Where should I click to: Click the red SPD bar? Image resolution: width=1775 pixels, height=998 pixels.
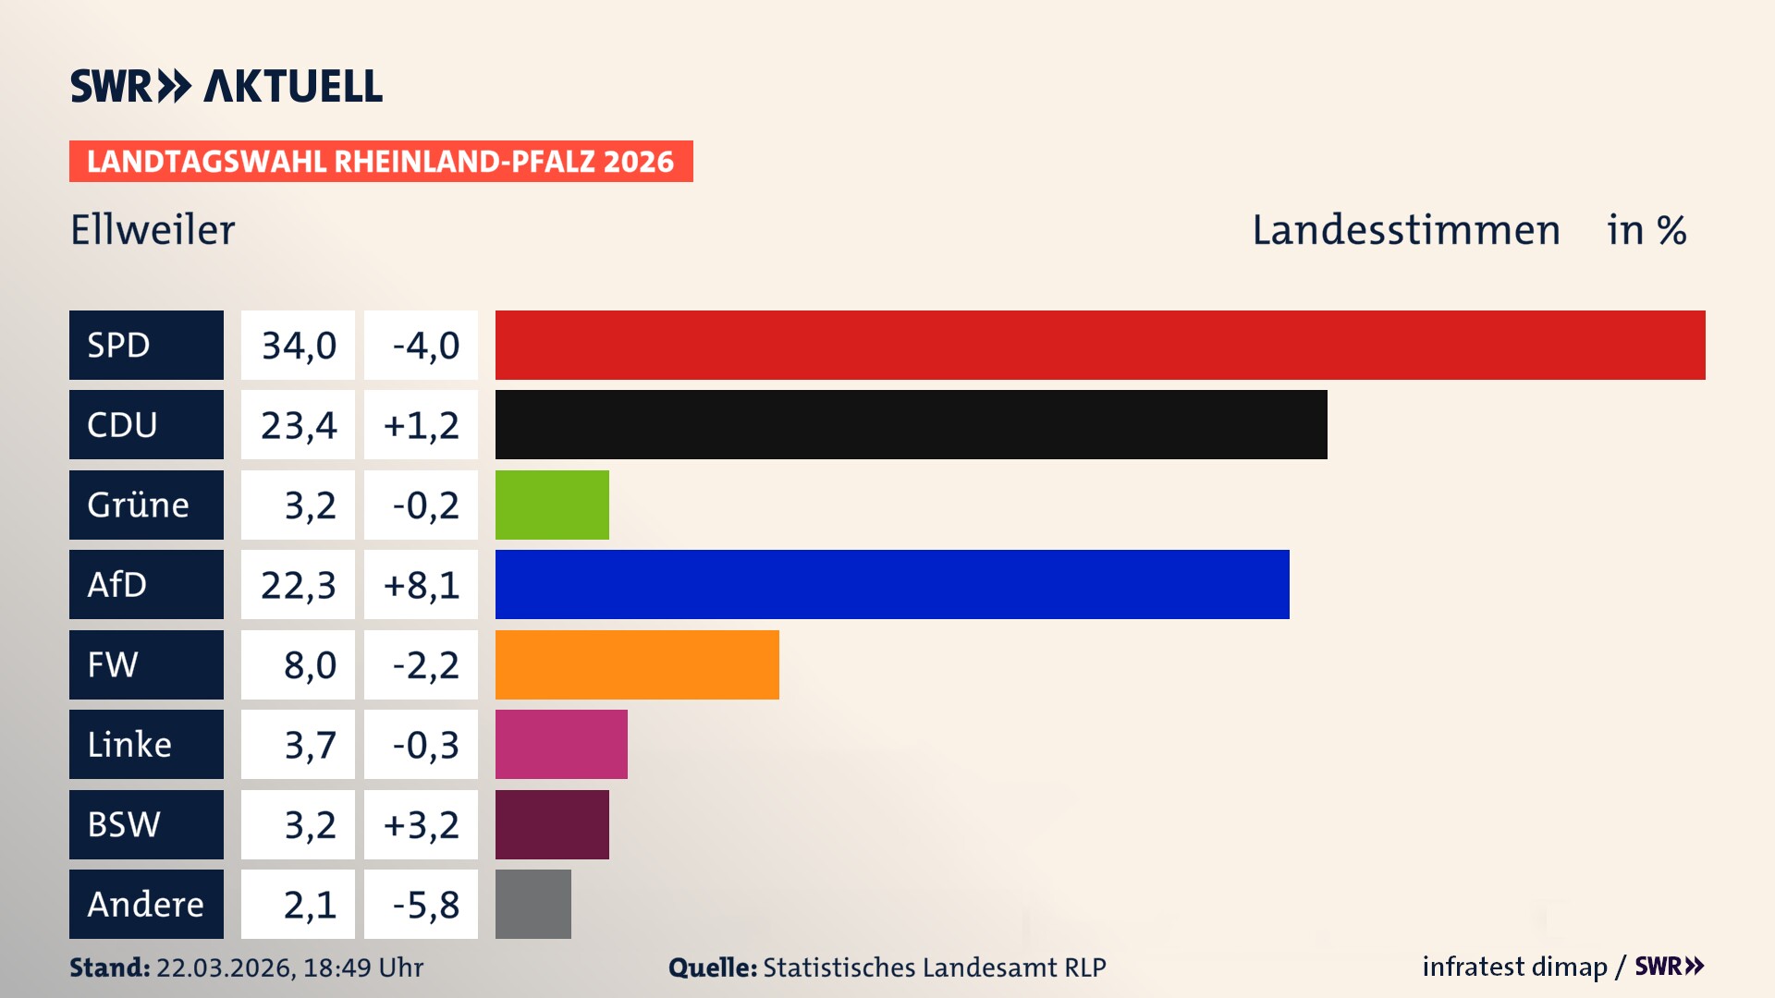tap(1100, 345)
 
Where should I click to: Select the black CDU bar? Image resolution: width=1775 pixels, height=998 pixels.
tap(911, 424)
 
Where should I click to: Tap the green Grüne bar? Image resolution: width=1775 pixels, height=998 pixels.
tap(552, 505)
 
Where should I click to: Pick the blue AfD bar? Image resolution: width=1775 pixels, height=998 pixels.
tap(892, 584)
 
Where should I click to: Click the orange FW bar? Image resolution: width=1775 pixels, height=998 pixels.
tap(637, 664)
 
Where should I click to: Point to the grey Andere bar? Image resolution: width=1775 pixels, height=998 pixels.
tap(532, 904)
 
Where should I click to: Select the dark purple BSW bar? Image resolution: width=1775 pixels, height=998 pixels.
tap(552, 824)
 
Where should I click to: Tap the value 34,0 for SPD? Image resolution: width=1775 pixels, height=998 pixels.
tap(298, 345)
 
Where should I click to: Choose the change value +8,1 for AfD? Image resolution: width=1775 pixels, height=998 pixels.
tap(421, 584)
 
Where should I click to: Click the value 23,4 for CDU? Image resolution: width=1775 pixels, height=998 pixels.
tap(298, 424)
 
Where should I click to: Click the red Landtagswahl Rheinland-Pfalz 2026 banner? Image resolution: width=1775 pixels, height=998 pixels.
tap(380, 161)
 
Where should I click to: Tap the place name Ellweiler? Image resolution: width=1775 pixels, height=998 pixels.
tap(153, 229)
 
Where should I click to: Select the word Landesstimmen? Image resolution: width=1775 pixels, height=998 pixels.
tap(1405, 229)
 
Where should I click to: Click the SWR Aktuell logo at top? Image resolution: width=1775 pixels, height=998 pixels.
tap(226, 86)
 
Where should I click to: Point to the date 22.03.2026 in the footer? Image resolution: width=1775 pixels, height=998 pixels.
tap(224, 968)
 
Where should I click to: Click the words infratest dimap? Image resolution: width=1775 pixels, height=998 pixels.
tap(1513, 967)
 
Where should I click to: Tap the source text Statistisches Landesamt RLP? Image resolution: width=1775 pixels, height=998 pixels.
tap(934, 968)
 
